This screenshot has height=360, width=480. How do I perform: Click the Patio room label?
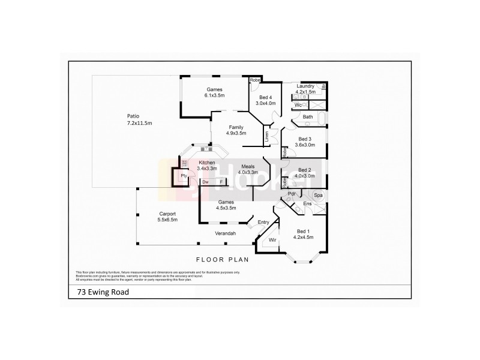pyautogui.click(x=133, y=116)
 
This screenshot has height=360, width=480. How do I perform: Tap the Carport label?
pyautogui.click(x=167, y=214)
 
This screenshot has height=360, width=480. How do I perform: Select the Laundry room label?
pyautogui.click(x=305, y=86)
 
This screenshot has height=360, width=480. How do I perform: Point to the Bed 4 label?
pyautogui.click(x=266, y=97)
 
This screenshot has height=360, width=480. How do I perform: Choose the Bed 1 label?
pyautogui.click(x=304, y=231)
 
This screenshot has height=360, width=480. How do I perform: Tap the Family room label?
pyautogui.click(x=236, y=127)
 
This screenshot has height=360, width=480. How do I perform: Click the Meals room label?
pyautogui.click(x=248, y=166)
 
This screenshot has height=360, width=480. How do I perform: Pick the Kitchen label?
pyautogui.click(x=207, y=163)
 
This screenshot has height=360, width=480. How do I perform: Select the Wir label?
pyautogui.click(x=272, y=239)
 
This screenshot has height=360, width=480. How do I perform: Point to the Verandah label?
pyautogui.click(x=225, y=233)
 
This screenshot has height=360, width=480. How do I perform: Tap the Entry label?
pyautogui.click(x=263, y=223)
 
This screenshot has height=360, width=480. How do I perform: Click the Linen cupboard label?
pyautogui.click(x=266, y=136)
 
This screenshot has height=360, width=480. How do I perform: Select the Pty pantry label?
pyautogui.click(x=184, y=176)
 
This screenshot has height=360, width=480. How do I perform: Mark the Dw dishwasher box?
pyautogui.click(x=205, y=182)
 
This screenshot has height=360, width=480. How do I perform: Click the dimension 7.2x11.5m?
pyautogui.click(x=139, y=123)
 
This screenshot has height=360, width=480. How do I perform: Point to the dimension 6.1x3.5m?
pyautogui.click(x=214, y=95)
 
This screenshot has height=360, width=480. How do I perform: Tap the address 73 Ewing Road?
pyautogui.click(x=98, y=293)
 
